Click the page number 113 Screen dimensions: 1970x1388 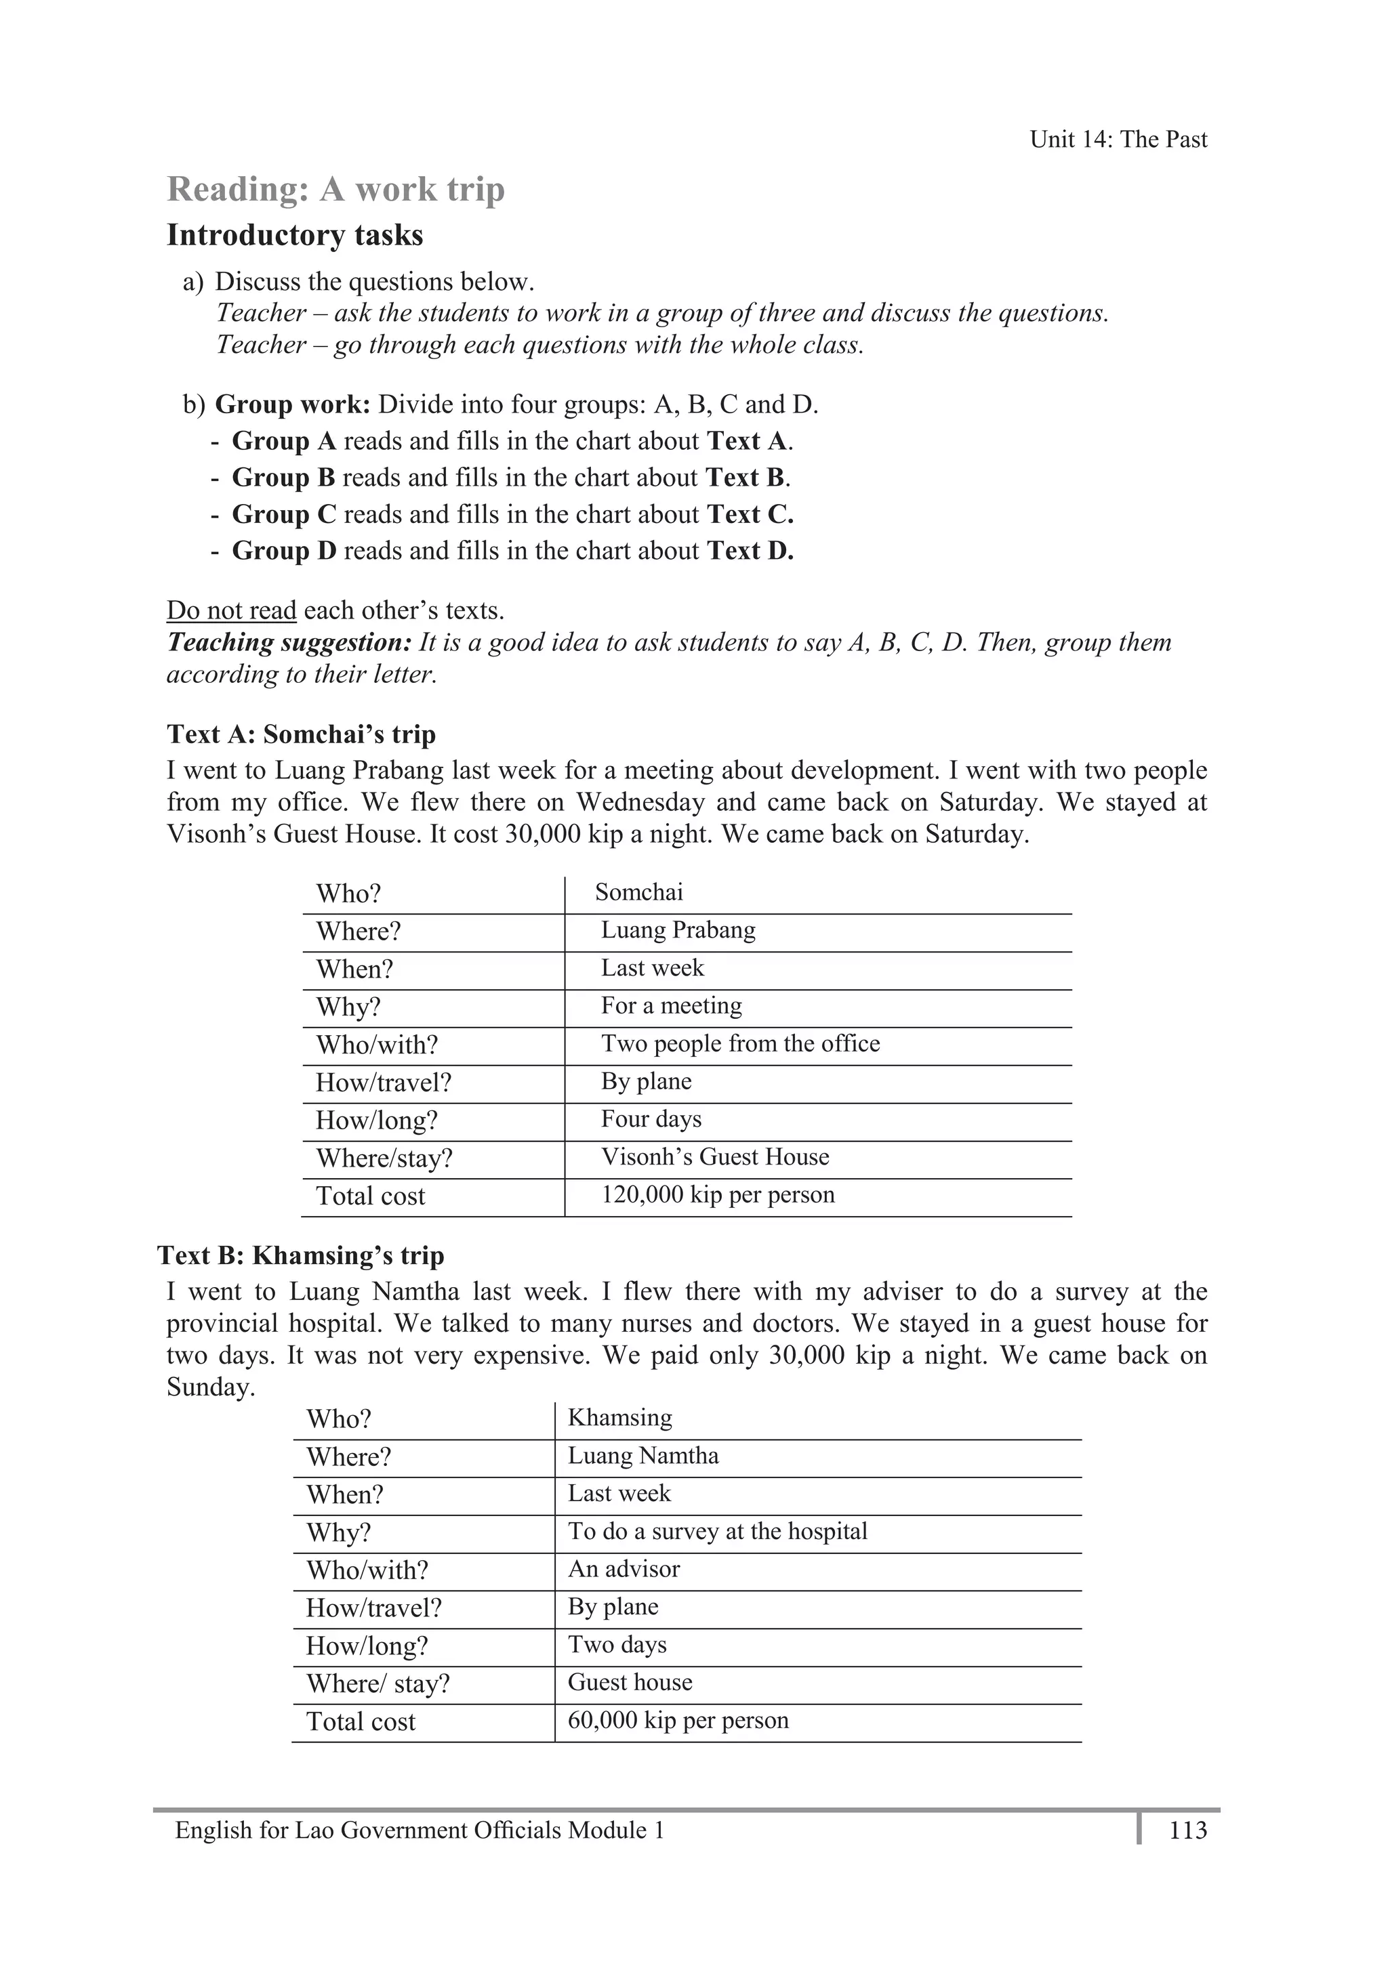click(1187, 1830)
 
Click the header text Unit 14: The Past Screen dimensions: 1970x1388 click(1118, 140)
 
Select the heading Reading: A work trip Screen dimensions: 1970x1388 click(335, 190)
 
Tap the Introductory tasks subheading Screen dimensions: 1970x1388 click(294, 235)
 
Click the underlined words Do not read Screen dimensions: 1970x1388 click(231, 611)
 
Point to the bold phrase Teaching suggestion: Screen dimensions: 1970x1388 click(289, 643)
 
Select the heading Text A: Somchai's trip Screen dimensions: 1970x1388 click(302, 734)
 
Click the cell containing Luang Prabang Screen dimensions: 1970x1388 click(678, 930)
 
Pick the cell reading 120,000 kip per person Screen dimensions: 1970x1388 click(718, 1194)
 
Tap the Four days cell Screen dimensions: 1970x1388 click(651, 1119)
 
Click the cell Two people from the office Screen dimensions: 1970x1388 click(740, 1043)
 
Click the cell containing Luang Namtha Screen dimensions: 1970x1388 click(643, 1456)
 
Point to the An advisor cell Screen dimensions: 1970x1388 click(624, 1570)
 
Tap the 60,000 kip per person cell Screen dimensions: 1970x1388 click(678, 1720)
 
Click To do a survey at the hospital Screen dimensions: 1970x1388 click(718, 1532)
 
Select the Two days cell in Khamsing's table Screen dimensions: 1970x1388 click(617, 1645)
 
